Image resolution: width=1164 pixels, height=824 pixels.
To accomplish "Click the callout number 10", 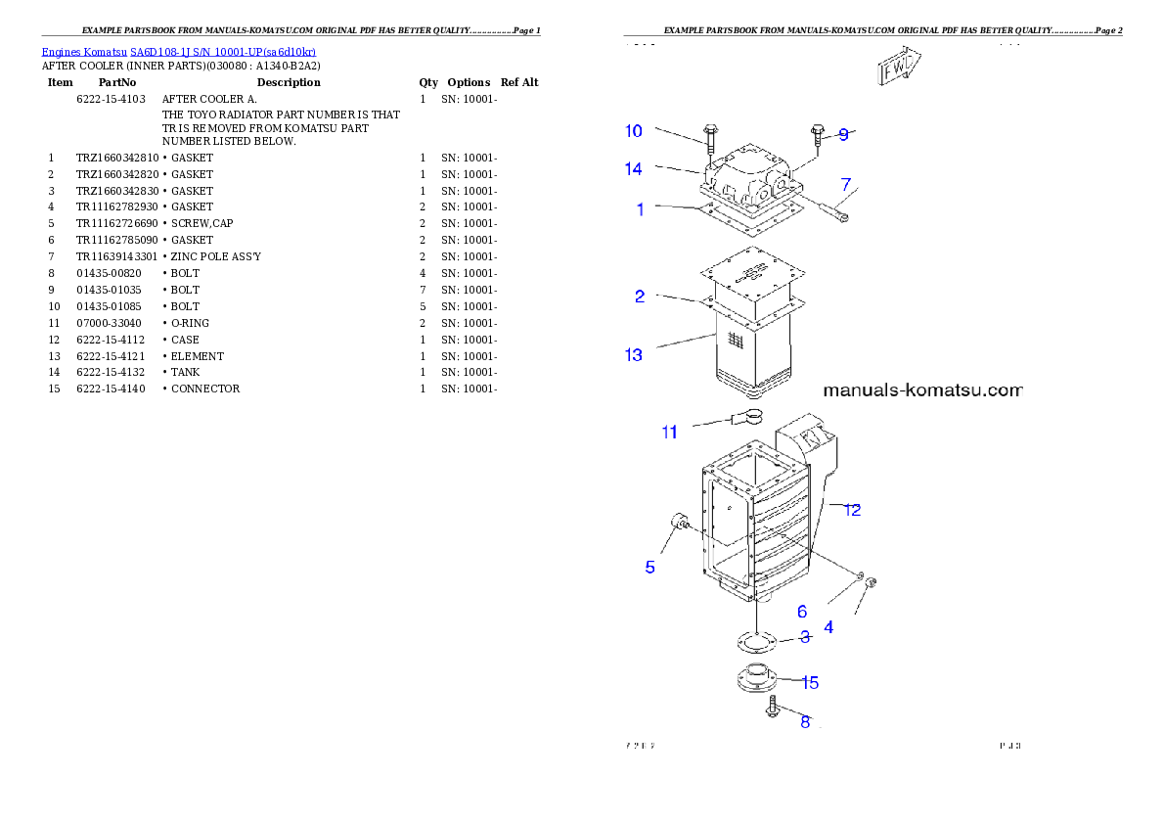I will (634, 131).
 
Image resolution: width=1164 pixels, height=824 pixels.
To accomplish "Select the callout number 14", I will (634, 169).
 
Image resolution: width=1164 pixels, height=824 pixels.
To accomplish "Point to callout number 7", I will (846, 184).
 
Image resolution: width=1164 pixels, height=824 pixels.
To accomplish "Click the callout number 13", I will (634, 354).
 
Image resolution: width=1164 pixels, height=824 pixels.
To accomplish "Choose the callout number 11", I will (669, 432).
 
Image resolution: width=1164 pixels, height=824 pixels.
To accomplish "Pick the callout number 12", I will (853, 510).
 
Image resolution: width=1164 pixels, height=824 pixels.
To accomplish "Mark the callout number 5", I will (649, 567).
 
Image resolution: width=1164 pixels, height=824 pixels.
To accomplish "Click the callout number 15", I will (810, 682).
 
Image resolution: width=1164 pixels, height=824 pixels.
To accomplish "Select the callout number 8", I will (805, 722).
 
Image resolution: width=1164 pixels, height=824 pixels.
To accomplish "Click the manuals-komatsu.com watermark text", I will (922, 390).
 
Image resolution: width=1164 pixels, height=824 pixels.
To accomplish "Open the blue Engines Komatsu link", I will (178, 52).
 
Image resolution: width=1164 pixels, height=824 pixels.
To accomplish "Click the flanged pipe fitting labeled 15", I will (756, 679).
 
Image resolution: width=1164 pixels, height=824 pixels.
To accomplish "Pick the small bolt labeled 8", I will (773, 708).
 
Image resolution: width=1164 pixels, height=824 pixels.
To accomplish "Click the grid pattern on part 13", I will (736, 339).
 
